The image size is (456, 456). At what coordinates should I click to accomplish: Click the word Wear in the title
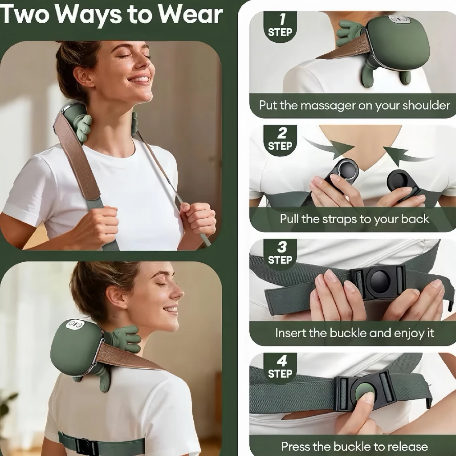click(x=191, y=15)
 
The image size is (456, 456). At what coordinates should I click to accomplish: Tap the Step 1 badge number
click(x=281, y=20)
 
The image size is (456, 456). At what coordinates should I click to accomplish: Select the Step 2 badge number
click(x=281, y=133)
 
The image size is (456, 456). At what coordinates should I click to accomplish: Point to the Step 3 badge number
click(x=281, y=247)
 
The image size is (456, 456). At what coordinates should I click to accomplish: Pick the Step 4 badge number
click(x=281, y=361)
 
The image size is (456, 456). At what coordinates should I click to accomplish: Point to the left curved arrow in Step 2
click(x=329, y=147)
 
